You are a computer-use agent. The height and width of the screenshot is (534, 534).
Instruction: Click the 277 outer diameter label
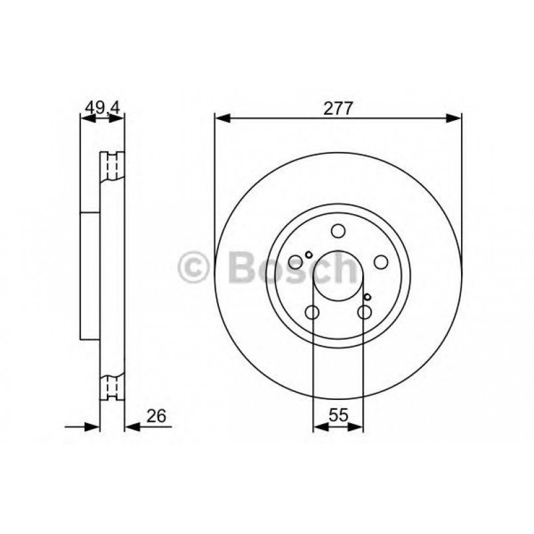[x=338, y=107]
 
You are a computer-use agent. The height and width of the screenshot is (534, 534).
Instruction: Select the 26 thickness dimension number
[x=157, y=417]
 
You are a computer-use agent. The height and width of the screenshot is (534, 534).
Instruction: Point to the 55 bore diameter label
[x=338, y=417]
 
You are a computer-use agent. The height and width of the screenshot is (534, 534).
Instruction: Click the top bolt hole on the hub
[x=338, y=232]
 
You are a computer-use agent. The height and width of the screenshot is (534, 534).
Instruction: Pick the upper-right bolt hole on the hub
[x=381, y=263]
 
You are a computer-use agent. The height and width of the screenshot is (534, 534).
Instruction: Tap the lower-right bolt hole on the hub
[x=364, y=312]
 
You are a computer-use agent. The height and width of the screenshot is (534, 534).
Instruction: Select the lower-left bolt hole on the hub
[x=312, y=312]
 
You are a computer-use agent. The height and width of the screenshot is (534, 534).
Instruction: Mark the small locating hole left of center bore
[x=308, y=255]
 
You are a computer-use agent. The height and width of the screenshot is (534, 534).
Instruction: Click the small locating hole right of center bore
[x=367, y=297]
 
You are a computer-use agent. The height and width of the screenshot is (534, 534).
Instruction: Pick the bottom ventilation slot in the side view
[x=112, y=386]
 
